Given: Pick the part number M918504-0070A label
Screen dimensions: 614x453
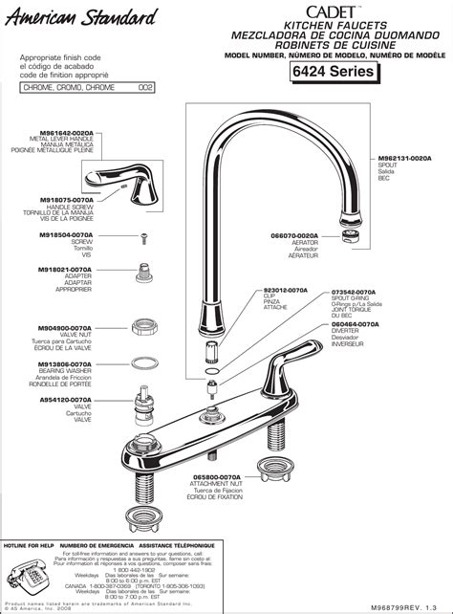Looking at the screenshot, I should [x=66, y=233].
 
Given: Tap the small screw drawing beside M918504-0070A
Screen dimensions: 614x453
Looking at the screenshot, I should [x=142, y=234].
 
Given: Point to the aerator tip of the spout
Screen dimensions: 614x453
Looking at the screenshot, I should [x=346, y=232].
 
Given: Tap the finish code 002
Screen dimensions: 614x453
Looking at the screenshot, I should [x=146, y=87].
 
